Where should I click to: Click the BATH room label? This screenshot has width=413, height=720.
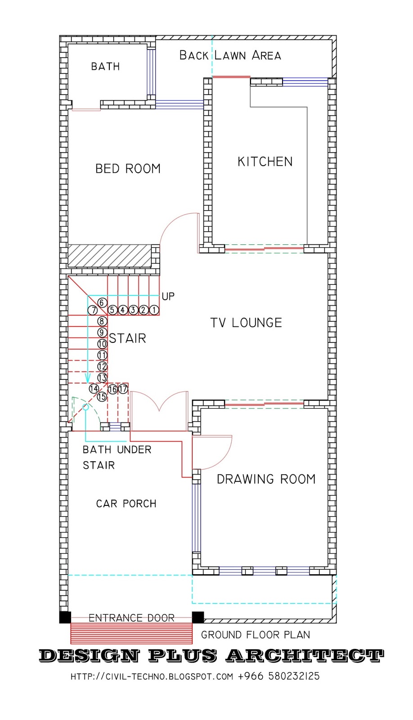pyautogui.click(x=105, y=67)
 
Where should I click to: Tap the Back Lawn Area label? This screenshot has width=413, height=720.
pyautogui.click(x=230, y=55)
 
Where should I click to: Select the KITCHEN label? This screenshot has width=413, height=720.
pyautogui.click(x=265, y=162)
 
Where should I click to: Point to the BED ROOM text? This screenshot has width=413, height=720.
pyautogui.click(x=128, y=169)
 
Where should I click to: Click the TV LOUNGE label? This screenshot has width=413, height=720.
pyautogui.click(x=246, y=323)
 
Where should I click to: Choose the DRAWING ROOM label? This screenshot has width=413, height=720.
pyautogui.click(x=266, y=479)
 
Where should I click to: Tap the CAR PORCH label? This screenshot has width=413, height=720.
pyautogui.click(x=126, y=504)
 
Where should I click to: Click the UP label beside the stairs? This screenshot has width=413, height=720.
pyautogui.click(x=168, y=296)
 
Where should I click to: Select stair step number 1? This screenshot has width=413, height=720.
pyautogui.click(x=154, y=310)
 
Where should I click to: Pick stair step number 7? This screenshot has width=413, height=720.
pyautogui.click(x=93, y=310)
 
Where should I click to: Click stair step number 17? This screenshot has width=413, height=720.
pyautogui.click(x=123, y=389)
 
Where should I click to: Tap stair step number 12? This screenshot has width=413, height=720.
pyautogui.click(x=102, y=367)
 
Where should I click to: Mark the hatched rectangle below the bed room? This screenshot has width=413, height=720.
pyautogui.click(x=109, y=256)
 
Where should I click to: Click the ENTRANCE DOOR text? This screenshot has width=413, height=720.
pyautogui.click(x=131, y=618)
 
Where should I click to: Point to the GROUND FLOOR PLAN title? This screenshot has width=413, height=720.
pyautogui.click(x=255, y=635)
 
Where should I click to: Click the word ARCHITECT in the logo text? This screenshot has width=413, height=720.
pyautogui.click(x=305, y=656)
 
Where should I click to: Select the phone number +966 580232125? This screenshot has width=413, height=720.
pyautogui.click(x=278, y=676)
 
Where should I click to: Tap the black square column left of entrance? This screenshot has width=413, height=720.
pyautogui.click(x=65, y=617)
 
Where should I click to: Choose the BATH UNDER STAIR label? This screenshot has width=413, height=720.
pyautogui.click(x=117, y=457)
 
